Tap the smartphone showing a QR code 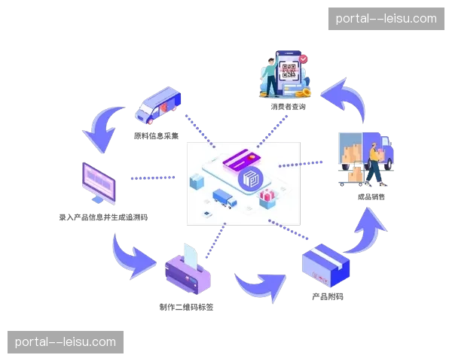[x=288, y=74]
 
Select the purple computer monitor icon [x=97, y=183]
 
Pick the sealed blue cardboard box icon [x=326, y=264]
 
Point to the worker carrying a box [x=374, y=164]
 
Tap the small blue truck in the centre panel [x=224, y=199]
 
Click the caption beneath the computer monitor [x=103, y=217]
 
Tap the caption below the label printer [x=188, y=307]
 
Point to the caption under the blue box [x=327, y=296]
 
